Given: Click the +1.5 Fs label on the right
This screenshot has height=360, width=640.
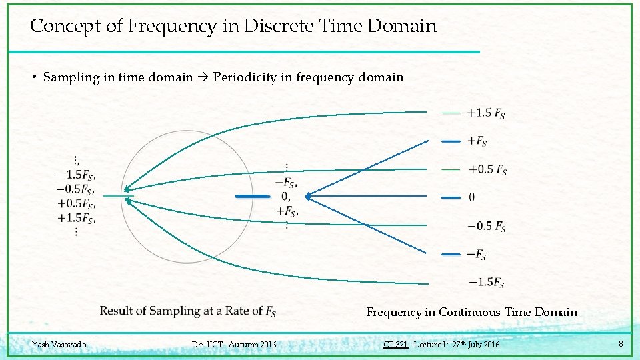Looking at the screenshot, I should click(x=486, y=113).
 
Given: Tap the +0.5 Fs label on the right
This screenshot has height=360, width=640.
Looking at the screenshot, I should click(x=487, y=170).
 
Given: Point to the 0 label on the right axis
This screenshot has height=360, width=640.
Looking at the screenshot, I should click(x=472, y=198).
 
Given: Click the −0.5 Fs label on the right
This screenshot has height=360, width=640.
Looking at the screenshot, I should click(x=487, y=227).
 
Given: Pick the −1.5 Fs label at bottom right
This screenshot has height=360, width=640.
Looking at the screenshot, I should click(x=486, y=283).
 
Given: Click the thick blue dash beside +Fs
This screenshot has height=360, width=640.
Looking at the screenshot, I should click(x=451, y=141).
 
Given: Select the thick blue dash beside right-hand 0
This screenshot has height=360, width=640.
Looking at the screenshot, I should click(x=451, y=198).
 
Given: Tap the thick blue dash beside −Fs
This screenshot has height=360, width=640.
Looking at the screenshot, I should click(x=451, y=255).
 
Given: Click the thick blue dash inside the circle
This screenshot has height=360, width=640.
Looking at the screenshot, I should click(x=252, y=197).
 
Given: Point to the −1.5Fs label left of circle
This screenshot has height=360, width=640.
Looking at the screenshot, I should click(x=77, y=175).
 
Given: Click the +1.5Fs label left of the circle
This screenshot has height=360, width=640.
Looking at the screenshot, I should click(x=77, y=217).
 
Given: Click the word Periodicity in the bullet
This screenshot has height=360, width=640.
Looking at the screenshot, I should click(x=245, y=77).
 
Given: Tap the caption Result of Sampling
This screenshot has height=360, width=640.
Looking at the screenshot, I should click(x=187, y=311).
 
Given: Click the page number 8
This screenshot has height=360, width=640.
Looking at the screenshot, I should click(x=621, y=344).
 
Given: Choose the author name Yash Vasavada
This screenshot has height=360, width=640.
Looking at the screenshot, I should click(x=59, y=345).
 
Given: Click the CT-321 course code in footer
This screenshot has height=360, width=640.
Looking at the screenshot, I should click(x=395, y=345).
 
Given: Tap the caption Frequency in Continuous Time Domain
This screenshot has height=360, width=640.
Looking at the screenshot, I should click(x=471, y=312).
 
